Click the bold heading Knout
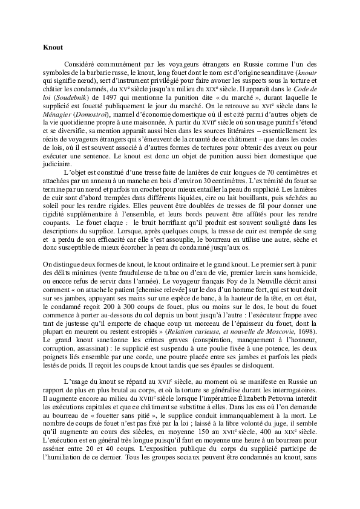coord(53,47)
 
